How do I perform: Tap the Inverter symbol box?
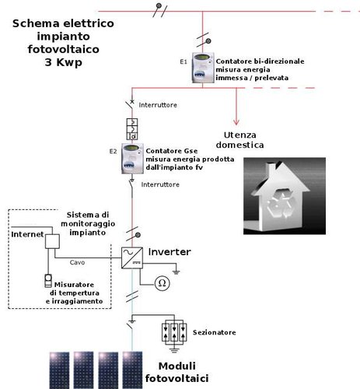click(x=132, y=259)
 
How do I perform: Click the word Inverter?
click(x=169, y=253)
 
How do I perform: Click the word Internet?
click(x=26, y=234)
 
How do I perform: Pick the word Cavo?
click(x=78, y=261)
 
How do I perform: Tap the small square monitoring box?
click(x=53, y=240)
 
